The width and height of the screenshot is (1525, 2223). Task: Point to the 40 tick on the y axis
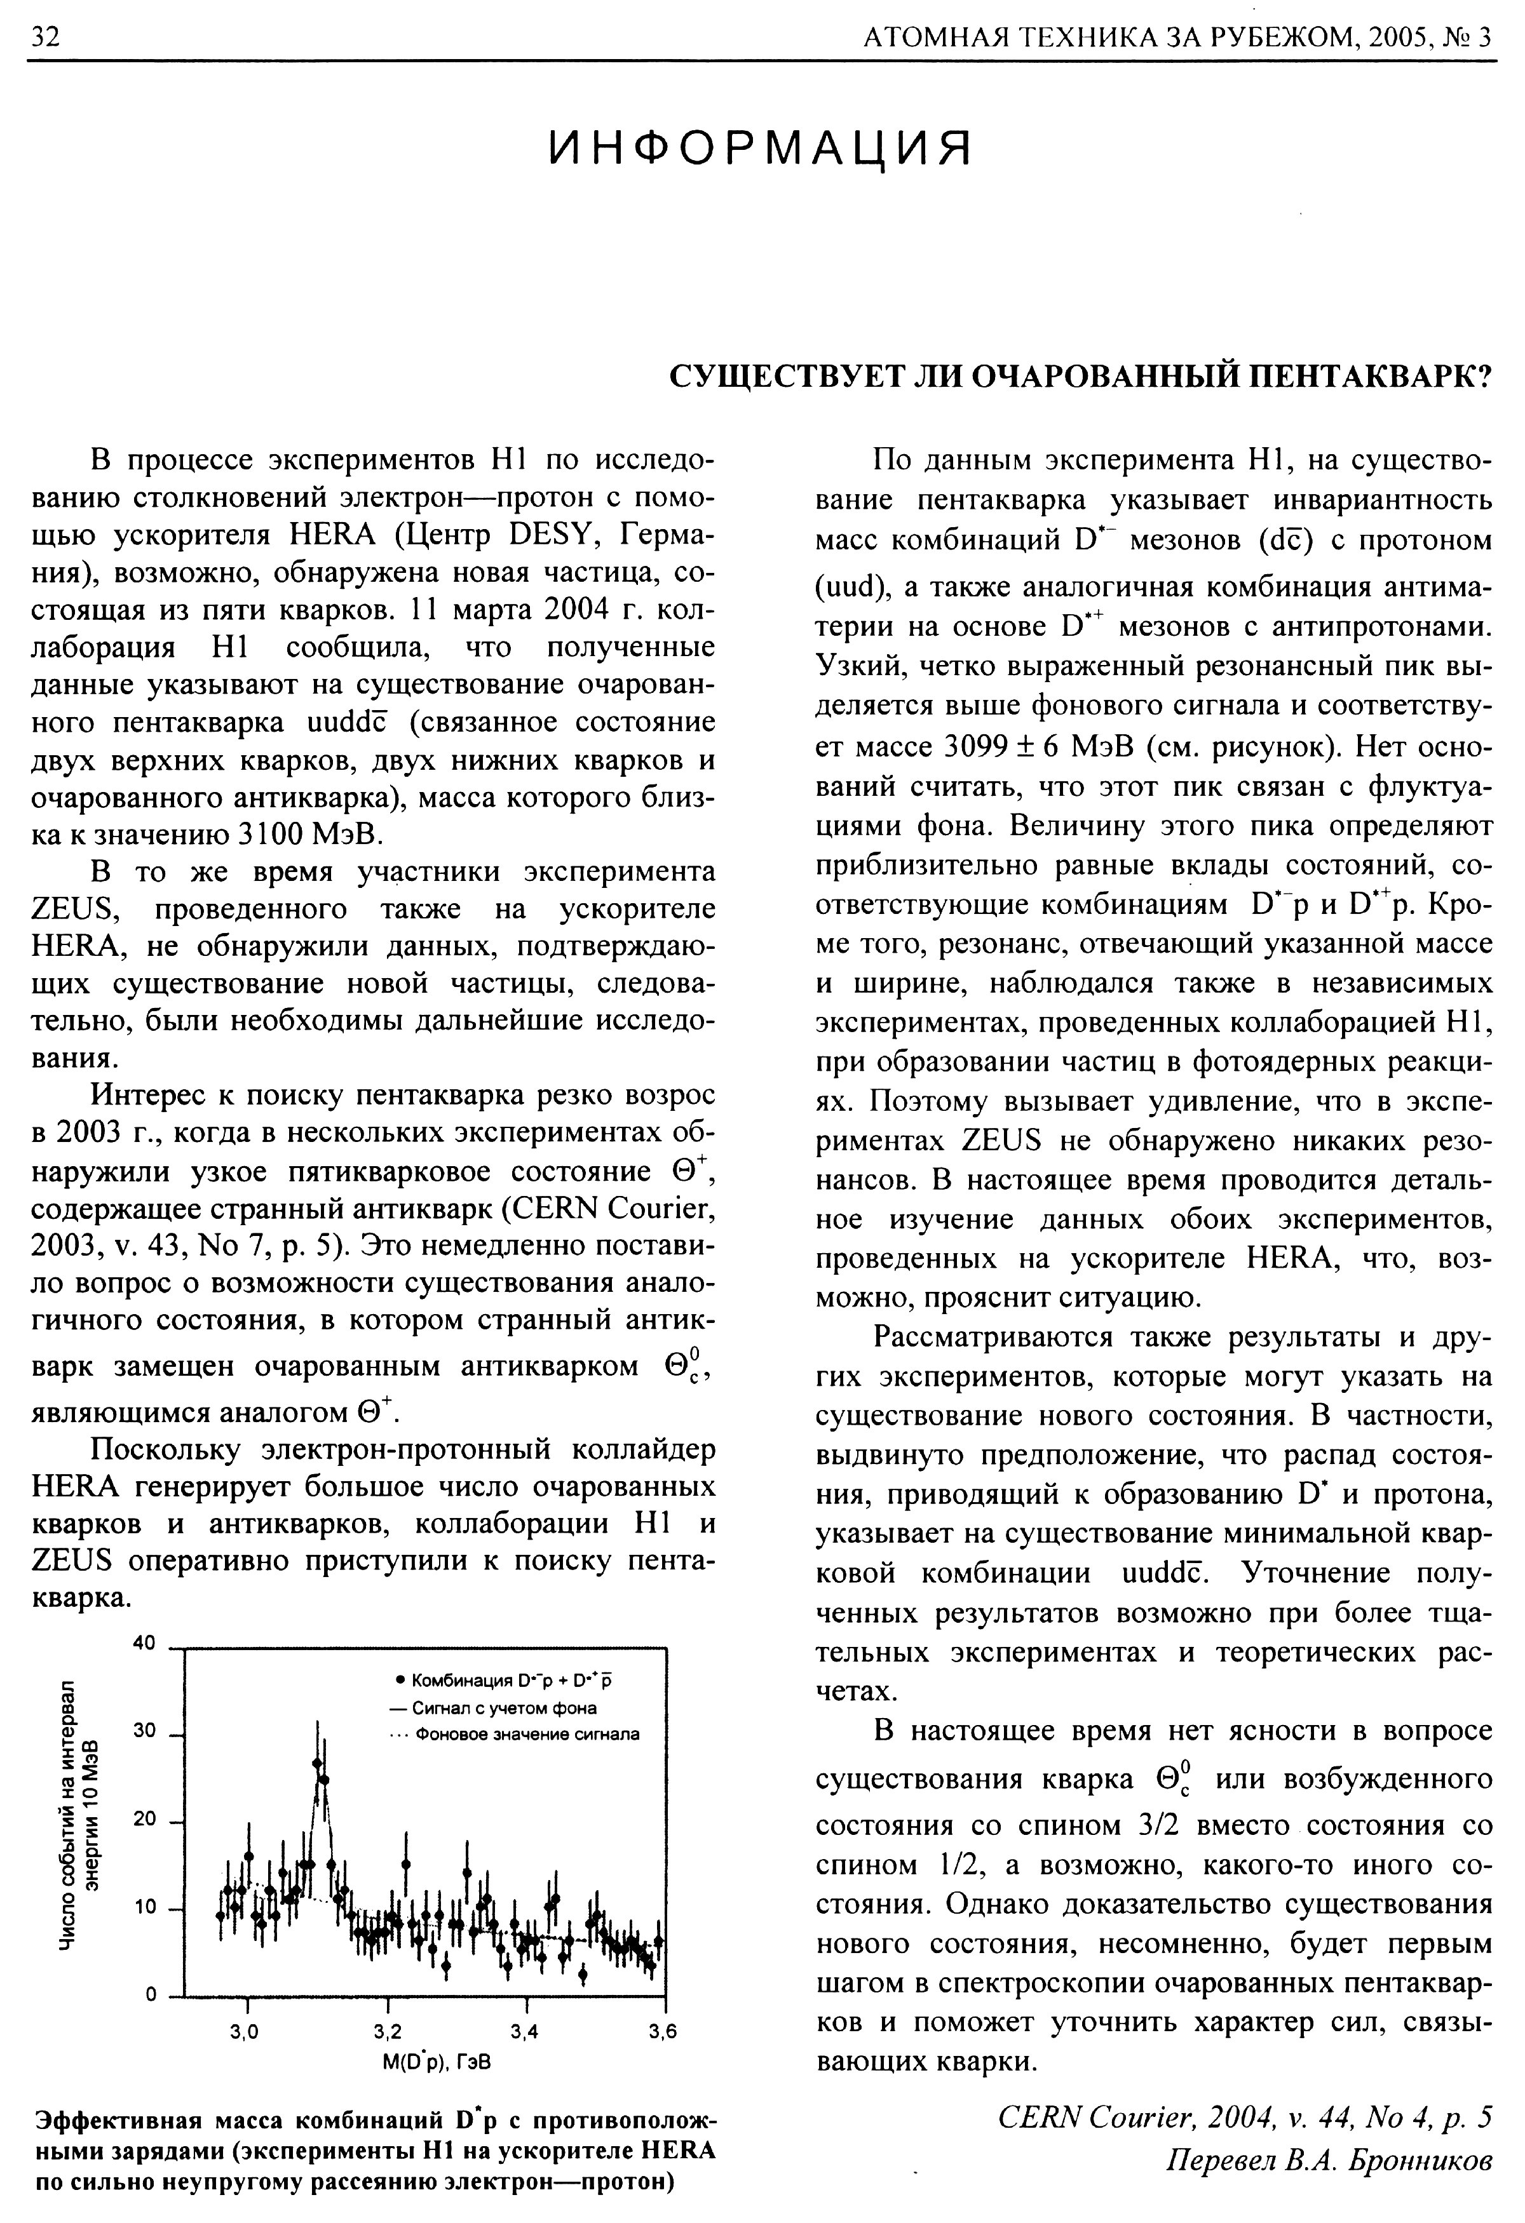(144, 1643)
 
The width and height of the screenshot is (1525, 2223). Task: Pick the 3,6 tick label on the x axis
(662, 2032)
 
